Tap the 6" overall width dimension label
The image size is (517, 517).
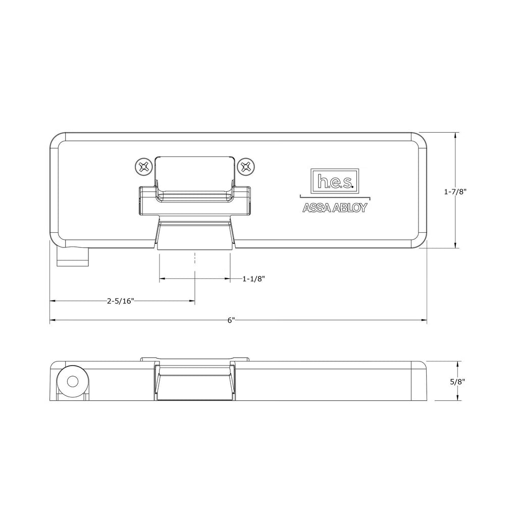point(231,321)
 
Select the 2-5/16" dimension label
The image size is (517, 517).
point(120,301)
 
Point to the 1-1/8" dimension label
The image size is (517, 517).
point(253,279)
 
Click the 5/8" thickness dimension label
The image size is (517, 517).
point(457,382)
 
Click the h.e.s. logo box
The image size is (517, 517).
point(334,180)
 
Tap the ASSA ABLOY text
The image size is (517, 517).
point(335,208)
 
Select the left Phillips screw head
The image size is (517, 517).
point(143,167)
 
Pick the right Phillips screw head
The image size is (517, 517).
point(246,167)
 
